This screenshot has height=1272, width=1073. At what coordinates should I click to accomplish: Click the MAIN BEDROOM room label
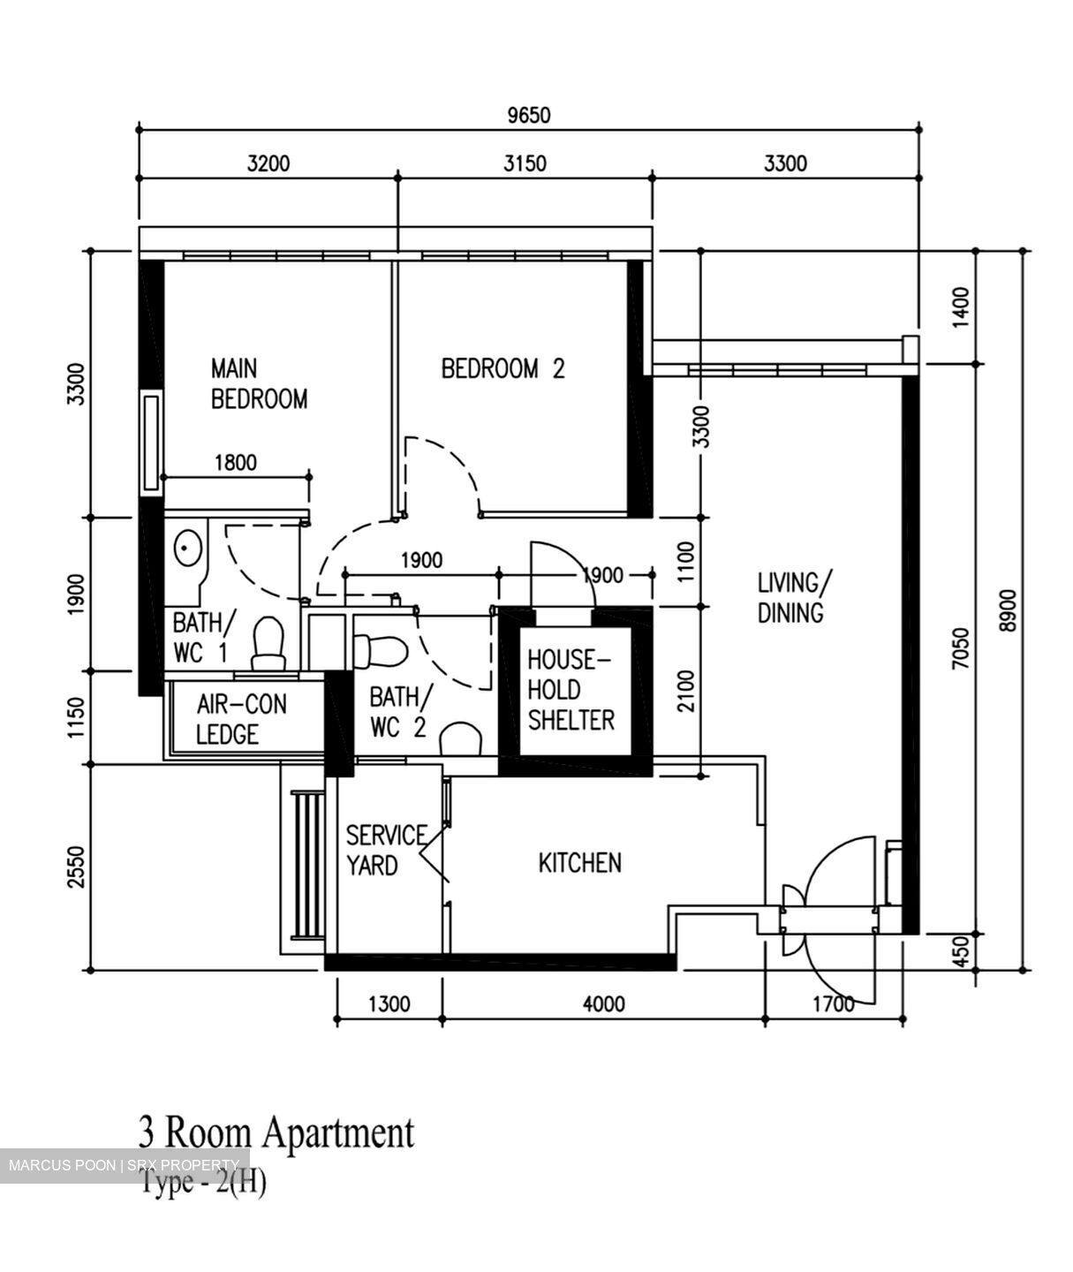[x=258, y=383]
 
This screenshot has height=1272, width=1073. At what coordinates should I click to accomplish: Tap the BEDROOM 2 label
[x=502, y=368]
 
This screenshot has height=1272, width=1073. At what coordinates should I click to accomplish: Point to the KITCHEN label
[x=579, y=862]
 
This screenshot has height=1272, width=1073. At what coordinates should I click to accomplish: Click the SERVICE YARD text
[x=384, y=850]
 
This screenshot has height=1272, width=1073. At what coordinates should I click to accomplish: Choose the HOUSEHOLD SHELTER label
[x=571, y=690]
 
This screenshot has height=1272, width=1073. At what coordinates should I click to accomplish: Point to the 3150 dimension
[x=525, y=163]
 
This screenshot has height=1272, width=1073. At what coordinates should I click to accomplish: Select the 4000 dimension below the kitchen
[x=603, y=1003]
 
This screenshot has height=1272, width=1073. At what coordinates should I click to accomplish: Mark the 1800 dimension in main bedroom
[x=235, y=462]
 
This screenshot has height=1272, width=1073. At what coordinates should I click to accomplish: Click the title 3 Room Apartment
[x=276, y=1132]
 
